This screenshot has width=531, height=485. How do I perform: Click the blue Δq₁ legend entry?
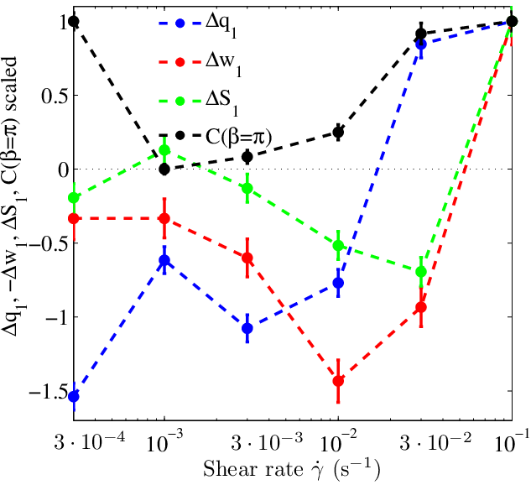point(198,26)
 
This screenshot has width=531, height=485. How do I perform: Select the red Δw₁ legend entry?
point(200,65)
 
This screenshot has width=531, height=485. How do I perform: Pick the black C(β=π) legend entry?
point(216,137)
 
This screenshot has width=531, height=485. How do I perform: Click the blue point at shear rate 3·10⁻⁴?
point(74,396)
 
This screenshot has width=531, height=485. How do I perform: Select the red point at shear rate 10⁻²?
point(338,381)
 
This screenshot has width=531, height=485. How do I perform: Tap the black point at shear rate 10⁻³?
point(164,169)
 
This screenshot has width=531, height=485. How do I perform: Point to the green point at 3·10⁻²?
point(421,271)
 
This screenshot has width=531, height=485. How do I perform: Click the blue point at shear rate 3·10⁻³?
point(247,328)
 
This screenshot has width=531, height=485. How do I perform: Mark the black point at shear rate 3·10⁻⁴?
point(74,21)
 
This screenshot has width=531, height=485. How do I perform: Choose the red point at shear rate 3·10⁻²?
point(421,307)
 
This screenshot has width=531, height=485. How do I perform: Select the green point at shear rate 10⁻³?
point(164,149)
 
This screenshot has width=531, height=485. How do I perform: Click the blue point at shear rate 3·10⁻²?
point(421,44)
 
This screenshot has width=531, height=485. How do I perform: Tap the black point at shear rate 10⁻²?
point(338,132)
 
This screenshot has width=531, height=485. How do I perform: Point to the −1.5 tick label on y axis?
point(49,392)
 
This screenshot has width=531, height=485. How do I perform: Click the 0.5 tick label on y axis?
point(55,96)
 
